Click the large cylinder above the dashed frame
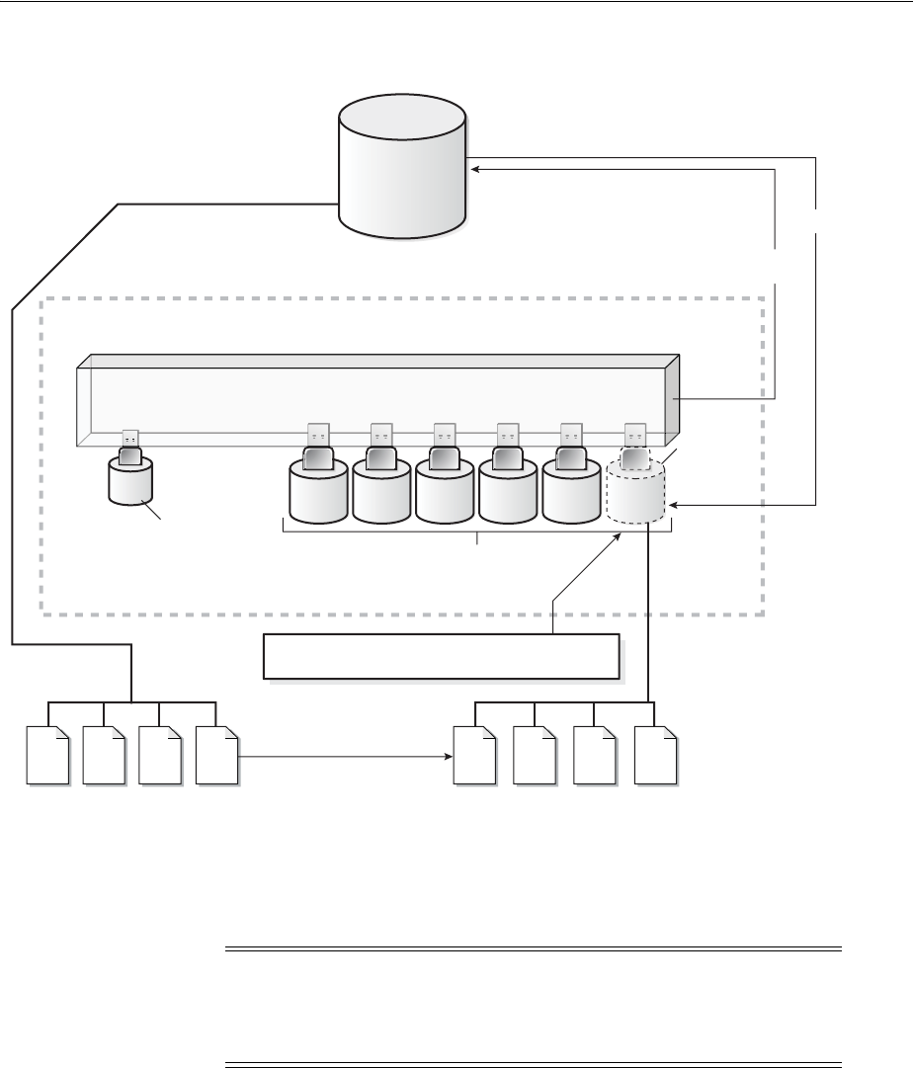click(x=401, y=168)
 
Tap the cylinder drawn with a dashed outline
click(x=635, y=494)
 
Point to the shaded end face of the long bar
click(x=673, y=399)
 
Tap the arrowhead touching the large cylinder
click(x=475, y=169)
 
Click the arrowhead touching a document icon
click(x=448, y=758)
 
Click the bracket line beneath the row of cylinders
click(x=477, y=534)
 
